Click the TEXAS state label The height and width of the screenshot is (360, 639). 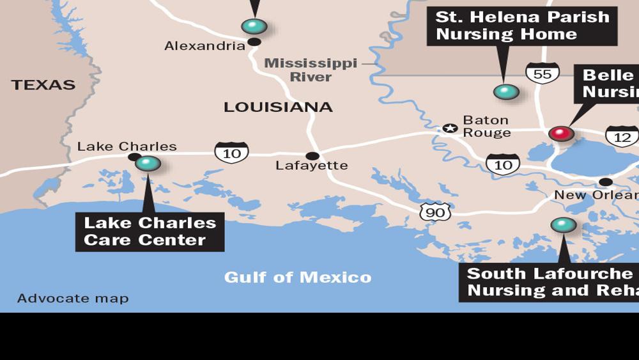[43, 85]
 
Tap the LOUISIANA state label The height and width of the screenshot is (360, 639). [278, 107]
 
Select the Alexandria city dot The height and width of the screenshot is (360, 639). [254, 42]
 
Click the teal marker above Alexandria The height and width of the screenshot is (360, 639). [254, 26]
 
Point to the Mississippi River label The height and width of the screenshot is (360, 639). [311, 70]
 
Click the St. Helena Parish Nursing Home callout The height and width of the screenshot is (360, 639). [522, 26]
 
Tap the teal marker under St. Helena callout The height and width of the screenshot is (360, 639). [506, 92]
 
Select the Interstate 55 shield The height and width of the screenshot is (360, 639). [543, 74]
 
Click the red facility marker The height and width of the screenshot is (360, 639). [561, 134]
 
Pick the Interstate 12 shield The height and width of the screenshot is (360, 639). [622, 136]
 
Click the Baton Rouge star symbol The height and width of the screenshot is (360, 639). [450, 128]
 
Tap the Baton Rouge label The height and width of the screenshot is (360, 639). [486, 127]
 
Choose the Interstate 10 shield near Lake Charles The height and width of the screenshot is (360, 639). [231, 152]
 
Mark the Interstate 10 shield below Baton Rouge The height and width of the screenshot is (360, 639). [503, 164]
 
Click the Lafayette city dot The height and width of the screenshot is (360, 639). [312, 156]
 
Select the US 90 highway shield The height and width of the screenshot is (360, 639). [435, 212]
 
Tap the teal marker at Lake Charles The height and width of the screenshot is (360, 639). [148, 164]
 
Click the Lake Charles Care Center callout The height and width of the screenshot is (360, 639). [150, 231]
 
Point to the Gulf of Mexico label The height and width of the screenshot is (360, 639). [297, 278]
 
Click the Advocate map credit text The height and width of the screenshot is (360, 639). [73, 299]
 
